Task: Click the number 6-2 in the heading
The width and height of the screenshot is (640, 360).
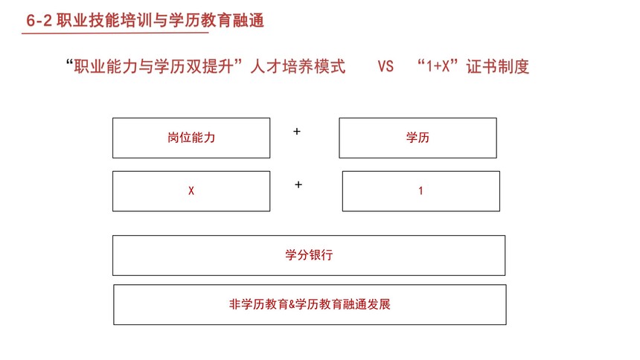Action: (39, 20)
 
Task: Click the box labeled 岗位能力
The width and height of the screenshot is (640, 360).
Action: (191, 138)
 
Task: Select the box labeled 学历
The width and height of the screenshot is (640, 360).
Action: (417, 138)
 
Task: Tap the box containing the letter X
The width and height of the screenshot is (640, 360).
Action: (191, 191)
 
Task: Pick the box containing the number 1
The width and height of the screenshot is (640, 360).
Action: (420, 191)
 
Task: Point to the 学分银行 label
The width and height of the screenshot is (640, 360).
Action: (309, 255)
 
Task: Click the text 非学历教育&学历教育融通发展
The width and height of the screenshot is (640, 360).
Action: (310, 304)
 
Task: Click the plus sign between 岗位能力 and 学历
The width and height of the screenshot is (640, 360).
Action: (297, 132)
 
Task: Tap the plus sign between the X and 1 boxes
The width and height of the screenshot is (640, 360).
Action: (298, 185)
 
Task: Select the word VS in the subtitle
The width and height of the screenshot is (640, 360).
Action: (385, 66)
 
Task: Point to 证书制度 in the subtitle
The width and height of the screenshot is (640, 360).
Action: (498, 66)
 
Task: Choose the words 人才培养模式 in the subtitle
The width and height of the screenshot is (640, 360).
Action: (298, 66)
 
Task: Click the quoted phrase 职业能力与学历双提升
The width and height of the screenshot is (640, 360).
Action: (154, 66)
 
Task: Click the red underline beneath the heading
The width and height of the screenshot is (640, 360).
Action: (115, 33)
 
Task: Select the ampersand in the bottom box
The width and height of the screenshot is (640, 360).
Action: (292, 304)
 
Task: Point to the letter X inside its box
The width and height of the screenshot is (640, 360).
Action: (191, 190)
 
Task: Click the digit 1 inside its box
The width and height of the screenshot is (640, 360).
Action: (420, 190)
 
